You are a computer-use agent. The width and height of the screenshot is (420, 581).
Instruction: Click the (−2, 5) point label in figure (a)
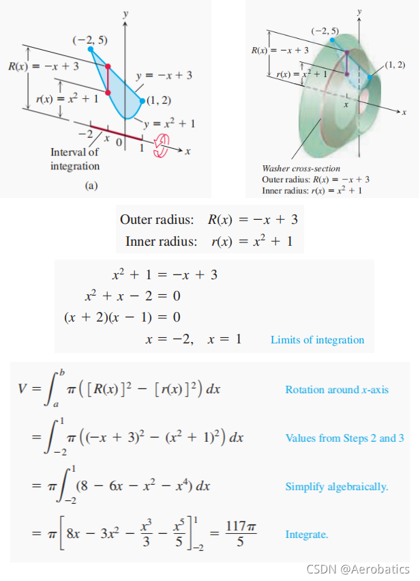[x=89, y=40]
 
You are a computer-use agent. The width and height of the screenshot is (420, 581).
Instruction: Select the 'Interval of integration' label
[x=74, y=159]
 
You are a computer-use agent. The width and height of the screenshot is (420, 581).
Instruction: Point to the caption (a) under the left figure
[x=91, y=185]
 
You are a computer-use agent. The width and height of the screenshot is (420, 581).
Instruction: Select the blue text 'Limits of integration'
[x=317, y=339]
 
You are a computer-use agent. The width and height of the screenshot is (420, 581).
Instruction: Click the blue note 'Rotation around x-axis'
[x=336, y=389]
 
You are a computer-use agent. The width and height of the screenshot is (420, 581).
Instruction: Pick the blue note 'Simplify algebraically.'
[x=336, y=486]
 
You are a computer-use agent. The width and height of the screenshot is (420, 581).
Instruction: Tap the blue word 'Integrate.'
[x=306, y=534]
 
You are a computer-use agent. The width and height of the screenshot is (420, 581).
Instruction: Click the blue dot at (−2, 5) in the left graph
[x=89, y=49]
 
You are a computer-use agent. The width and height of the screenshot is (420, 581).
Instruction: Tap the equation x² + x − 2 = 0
[x=132, y=297]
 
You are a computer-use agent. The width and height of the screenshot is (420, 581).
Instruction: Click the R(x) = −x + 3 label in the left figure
[x=43, y=66]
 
